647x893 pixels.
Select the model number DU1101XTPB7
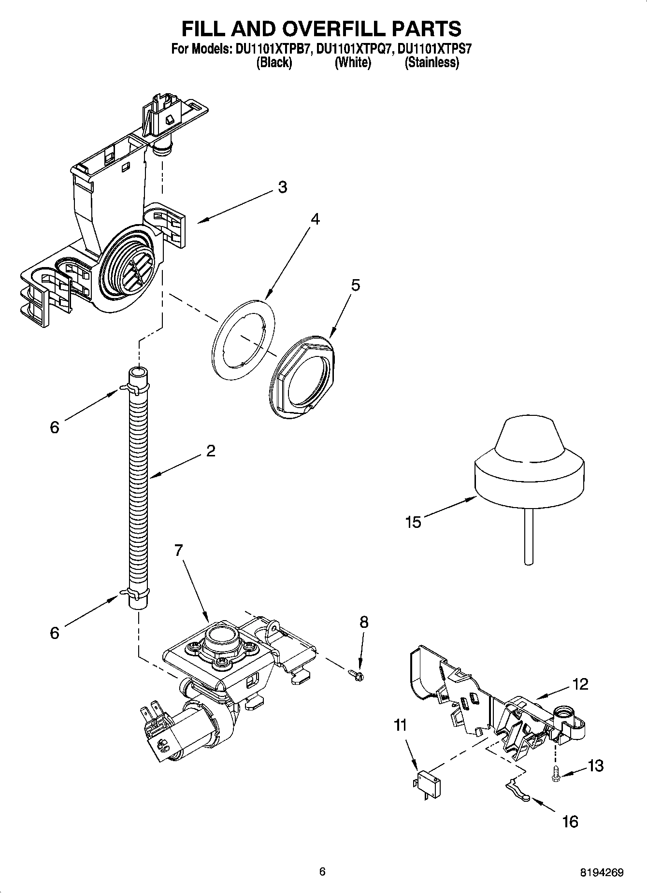tap(272, 49)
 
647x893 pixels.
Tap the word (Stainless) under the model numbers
tap(431, 62)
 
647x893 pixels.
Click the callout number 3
tap(283, 187)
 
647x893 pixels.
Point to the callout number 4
tap(315, 219)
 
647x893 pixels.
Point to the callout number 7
tap(179, 550)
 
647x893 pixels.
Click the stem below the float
tap(529, 536)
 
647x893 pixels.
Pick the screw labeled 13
tap(555, 779)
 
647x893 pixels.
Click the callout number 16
tap(570, 822)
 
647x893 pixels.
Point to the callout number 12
tap(580, 684)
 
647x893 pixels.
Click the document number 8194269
tap(602, 872)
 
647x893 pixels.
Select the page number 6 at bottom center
tap(322, 871)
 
